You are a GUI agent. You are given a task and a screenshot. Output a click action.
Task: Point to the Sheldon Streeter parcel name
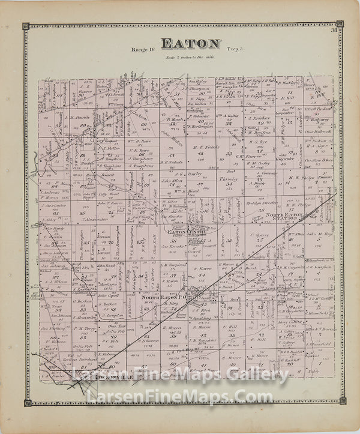262,202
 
